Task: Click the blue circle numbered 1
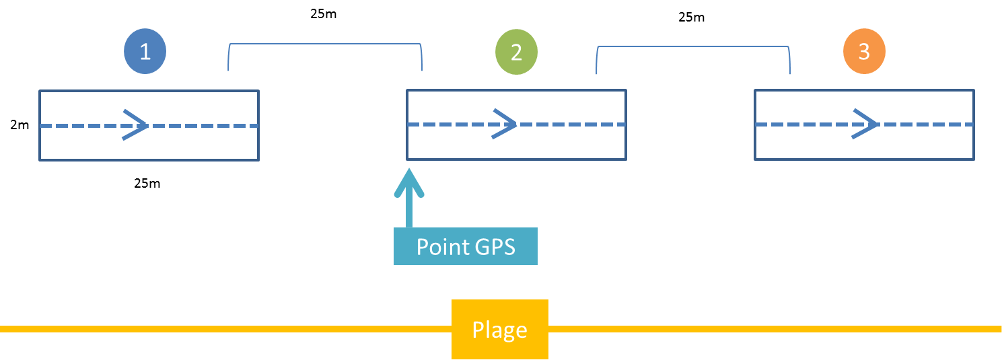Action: click(145, 52)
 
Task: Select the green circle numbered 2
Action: click(516, 52)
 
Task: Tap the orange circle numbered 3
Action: click(864, 52)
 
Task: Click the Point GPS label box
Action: click(466, 246)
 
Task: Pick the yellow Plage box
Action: click(499, 329)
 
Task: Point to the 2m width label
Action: click(20, 124)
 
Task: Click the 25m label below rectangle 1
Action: click(147, 183)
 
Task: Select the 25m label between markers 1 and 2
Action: click(324, 14)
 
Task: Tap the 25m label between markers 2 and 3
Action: click(691, 17)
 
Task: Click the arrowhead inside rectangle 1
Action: click(137, 125)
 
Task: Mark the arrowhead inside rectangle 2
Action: click(505, 124)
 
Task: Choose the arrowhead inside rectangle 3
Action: click(867, 124)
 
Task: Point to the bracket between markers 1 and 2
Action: click(325, 46)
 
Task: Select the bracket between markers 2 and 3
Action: click(693, 48)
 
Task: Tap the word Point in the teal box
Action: click(441, 247)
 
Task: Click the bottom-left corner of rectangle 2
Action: click(407, 159)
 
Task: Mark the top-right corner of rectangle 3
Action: click(974, 91)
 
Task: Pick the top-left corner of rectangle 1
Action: click(40, 91)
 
